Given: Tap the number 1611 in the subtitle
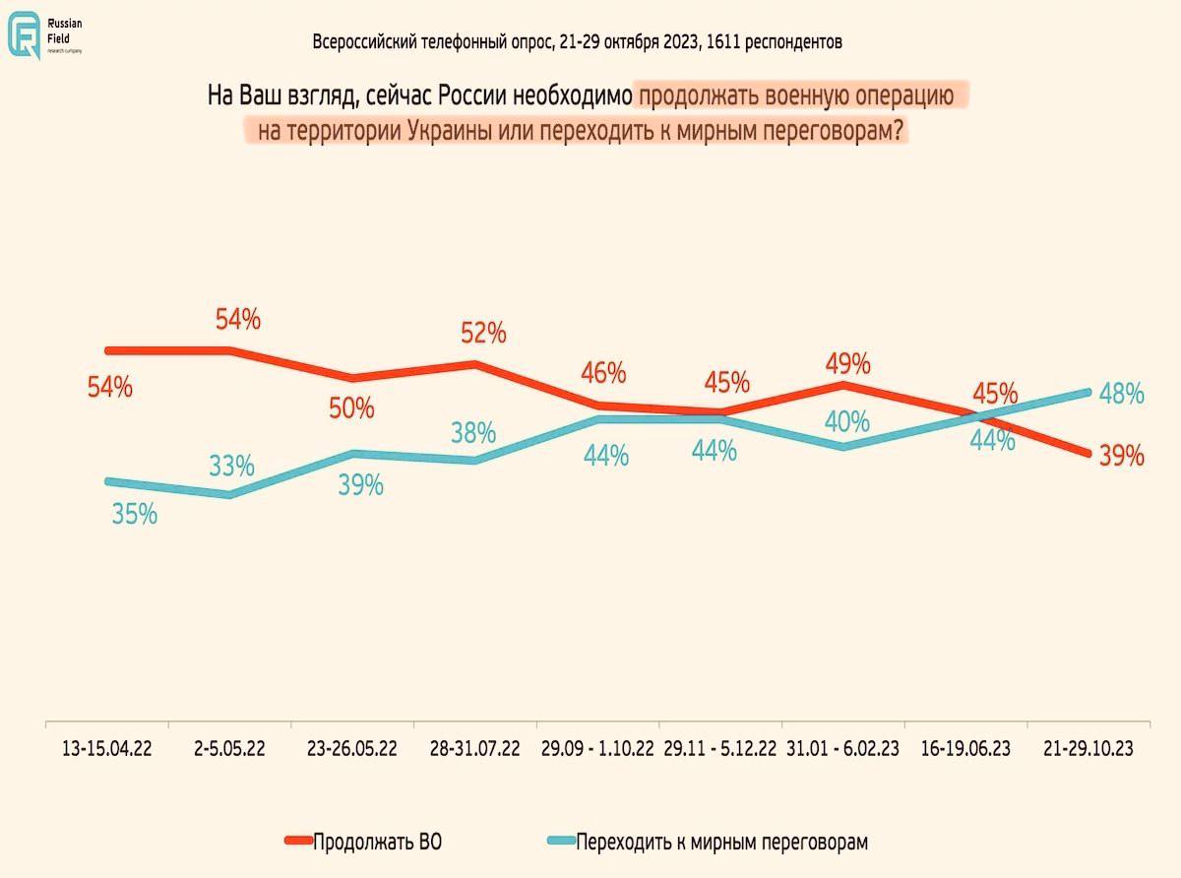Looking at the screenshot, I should pos(722,42).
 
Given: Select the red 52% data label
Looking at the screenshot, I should pos(483,334).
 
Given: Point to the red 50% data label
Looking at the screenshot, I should pos(351,408).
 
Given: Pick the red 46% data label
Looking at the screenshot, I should pos(603,373).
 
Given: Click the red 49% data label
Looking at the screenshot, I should pos(848,363).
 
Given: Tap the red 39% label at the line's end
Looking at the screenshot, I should pos(1122,456).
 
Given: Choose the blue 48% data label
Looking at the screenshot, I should pos(1121,394).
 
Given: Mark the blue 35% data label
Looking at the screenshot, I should pos(135,513).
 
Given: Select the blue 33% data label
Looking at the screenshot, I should pos(231,465).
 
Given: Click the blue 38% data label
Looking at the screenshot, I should pos(473,432).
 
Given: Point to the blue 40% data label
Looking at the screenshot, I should pos(847,421).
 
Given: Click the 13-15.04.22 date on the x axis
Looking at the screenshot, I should pos(106,749).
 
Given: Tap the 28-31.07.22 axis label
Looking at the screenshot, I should pos(475,749).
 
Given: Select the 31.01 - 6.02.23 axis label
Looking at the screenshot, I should pos(843,749).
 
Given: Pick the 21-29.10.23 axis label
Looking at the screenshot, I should pos(1088,749).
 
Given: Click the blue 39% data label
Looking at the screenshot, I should pos(360,484).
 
